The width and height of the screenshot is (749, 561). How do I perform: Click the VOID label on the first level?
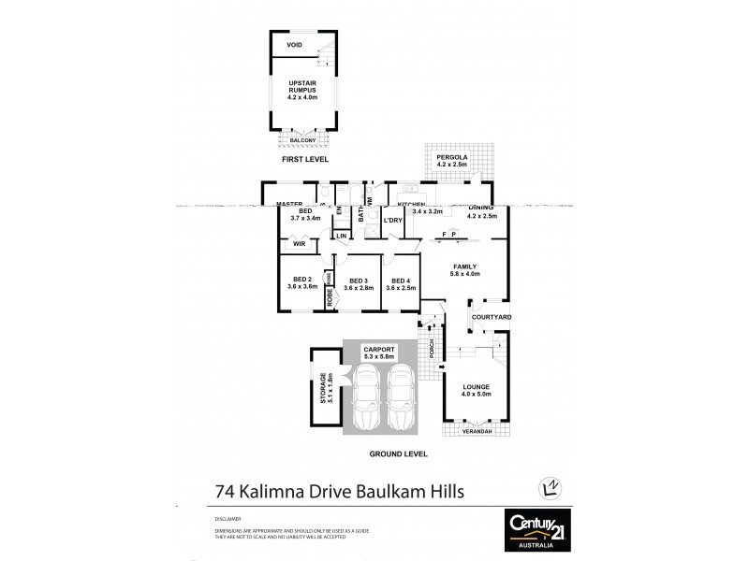click(x=294, y=44)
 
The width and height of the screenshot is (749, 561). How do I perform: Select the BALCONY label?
click(x=302, y=140)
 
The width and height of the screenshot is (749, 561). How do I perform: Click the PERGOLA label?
click(x=452, y=157)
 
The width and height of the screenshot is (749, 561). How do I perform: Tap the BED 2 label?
click(x=301, y=282)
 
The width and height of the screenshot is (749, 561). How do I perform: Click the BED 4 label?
click(x=402, y=282)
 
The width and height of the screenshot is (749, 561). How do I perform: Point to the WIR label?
click(x=300, y=244)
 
